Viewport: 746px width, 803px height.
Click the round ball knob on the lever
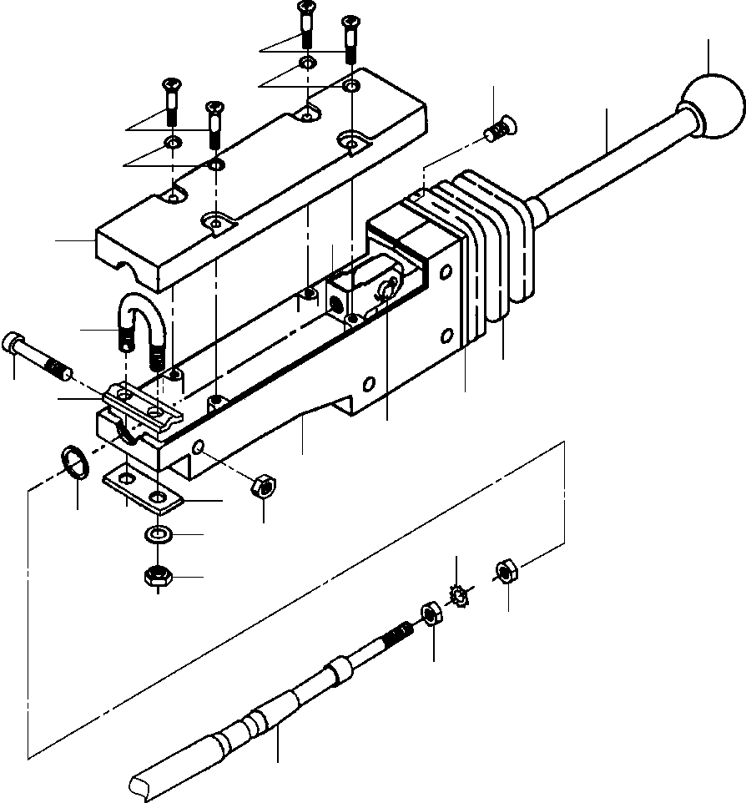coord(712,110)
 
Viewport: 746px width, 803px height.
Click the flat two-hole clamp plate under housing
coord(142,490)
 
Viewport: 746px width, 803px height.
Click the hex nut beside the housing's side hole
coord(263,484)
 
